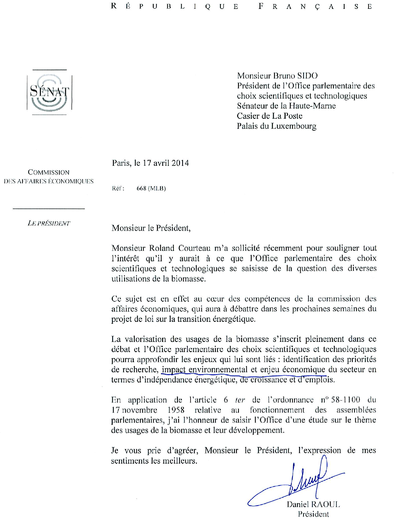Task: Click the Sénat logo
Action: (x=49, y=93)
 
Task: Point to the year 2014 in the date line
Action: (x=180, y=163)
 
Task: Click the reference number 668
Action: (x=141, y=188)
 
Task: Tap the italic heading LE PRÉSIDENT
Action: (x=49, y=224)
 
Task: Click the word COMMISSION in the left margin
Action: (x=49, y=172)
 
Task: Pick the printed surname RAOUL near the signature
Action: (x=325, y=504)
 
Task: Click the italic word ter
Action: (x=240, y=400)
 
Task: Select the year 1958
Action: (x=176, y=410)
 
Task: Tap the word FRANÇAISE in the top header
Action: (x=315, y=7)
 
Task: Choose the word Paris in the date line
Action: (x=121, y=163)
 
